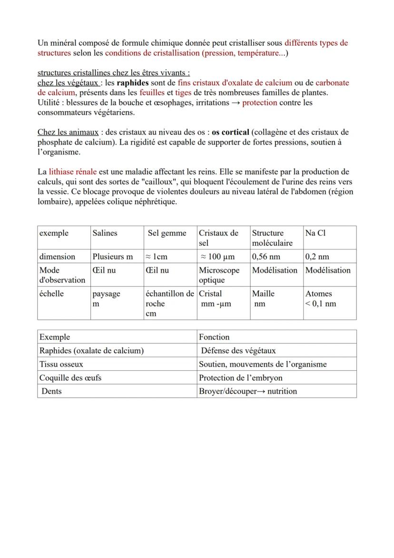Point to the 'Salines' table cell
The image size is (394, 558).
[105, 233]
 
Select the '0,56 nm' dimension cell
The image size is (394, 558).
[266, 256]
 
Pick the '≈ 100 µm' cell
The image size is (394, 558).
[217, 256]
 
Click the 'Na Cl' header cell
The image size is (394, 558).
[315, 233]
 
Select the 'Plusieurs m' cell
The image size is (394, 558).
[113, 256]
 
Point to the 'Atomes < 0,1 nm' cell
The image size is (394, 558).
[321, 299]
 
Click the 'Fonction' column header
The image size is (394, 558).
[214, 337]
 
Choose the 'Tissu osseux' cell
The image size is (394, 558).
[61, 364]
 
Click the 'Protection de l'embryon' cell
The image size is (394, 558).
[241, 377]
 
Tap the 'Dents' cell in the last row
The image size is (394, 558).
[51, 391]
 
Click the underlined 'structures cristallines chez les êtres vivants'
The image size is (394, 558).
[114, 73]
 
